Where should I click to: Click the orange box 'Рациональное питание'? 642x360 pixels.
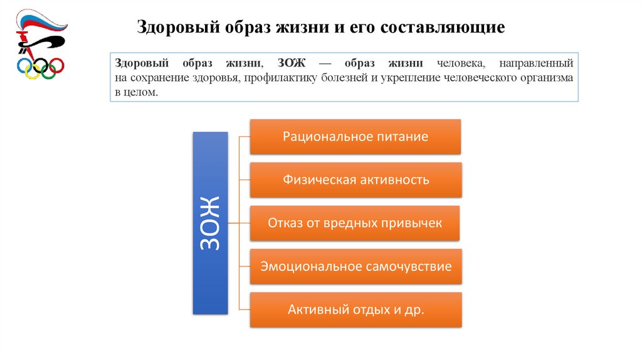(x=355, y=137)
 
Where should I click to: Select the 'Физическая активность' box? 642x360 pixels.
(x=355, y=180)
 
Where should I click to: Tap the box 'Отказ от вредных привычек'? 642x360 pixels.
(x=355, y=223)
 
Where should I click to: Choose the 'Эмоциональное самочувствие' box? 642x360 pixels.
(x=355, y=266)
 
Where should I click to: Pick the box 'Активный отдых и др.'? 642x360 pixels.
(x=355, y=309)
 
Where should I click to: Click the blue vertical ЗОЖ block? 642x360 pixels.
(x=210, y=223)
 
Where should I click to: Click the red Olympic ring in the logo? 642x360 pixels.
(x=56, y=65)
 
